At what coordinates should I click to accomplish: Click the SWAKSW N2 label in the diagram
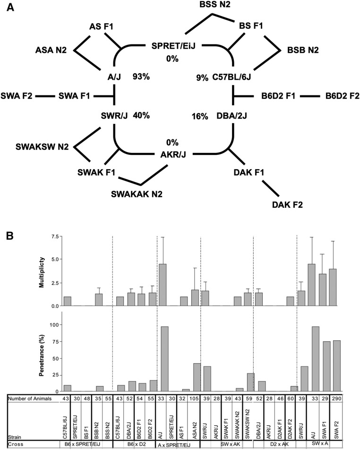coord(41,147)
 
